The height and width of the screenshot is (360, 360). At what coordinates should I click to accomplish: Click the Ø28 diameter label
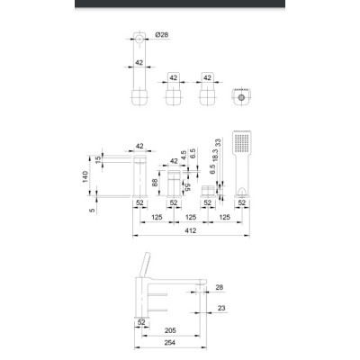pyautogui.click(x=162, y=35)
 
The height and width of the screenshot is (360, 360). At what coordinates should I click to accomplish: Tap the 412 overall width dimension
pyautogui.click(x=191, y=230)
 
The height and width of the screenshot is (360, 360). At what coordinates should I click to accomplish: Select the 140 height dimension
pyautogui.click(x=85, y=176)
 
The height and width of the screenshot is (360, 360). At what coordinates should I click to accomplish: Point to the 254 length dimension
pyautogui.click(x=170, y=343)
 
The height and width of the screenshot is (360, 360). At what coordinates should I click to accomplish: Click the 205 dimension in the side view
pyautogui.click(x=170, y=330)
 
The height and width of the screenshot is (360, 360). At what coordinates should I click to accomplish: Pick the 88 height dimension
pyautogui.click(x=155, y=183)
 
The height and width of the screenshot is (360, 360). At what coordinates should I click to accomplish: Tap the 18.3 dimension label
pyautogui.click(x=215, y=156)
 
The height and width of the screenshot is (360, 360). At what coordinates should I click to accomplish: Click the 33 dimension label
pyautogui.click(x=218, y=142)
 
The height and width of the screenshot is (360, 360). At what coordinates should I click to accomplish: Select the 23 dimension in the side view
pyautogui.click(x=221, y=308)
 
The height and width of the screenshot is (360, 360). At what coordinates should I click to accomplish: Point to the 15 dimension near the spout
pyautogui.click(x=98, y=159)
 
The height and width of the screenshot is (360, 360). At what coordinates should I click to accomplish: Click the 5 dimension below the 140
pyautogui.click(x=92, y=211)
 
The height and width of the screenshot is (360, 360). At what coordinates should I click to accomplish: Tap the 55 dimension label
pyautogui.click(x=187, y=187)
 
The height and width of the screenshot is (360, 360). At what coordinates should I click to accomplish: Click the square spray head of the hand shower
pyautogui.click(x=242, y=142)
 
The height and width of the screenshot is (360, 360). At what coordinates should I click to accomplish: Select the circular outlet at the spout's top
pyautogui.click(x=139, y=39)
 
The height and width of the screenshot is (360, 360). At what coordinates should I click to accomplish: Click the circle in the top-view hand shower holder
pyautogui.click(x=241, y=97)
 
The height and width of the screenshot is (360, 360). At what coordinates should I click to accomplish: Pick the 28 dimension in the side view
pyautogui.click(x=220, y=287)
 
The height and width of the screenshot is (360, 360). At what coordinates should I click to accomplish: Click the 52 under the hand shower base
pyautogui.click(x=242, y=202)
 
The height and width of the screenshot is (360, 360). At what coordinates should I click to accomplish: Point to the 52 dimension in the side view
pyautogui.click(x=141, y=322)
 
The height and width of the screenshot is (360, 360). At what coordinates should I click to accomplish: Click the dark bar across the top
pyautogui.click(x=180, y=4)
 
